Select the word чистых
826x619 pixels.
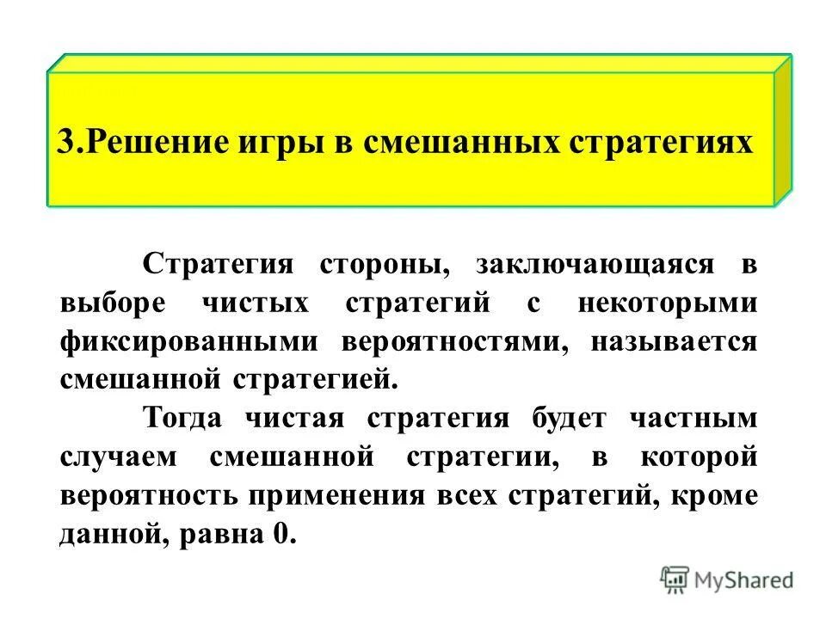click(x=258, y=303)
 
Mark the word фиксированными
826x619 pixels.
click(x=188, y=341)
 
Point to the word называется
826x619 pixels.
click(x=673, y=341)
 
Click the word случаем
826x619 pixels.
click(x=120, y=457)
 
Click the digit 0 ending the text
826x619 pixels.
click(x=283, y=535)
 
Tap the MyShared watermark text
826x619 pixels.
click(x=745, y=579)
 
